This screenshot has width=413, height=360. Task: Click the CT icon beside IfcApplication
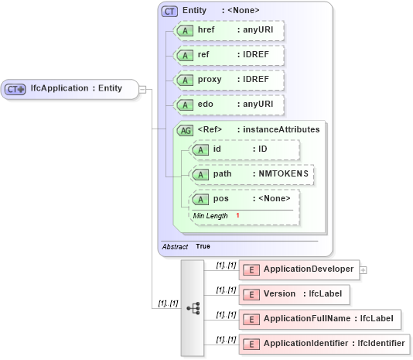point(15,89)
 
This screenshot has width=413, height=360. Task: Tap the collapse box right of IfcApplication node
point(142,88)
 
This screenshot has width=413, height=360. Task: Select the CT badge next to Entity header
point(169,11)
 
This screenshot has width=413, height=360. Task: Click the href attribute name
point(206,29)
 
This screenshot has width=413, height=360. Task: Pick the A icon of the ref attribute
point(185,56)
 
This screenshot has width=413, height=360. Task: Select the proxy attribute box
point(227,80)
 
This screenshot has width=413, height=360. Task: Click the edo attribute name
point(206,105)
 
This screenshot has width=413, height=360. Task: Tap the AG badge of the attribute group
point(185,130)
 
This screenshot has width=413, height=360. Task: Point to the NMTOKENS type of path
point(283,174)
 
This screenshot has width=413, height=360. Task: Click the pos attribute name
point(220,199)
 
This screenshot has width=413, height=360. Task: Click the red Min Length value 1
point(237,215)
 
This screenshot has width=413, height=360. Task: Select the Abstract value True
point(203,246)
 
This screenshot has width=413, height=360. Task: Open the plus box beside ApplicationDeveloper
point(364,269)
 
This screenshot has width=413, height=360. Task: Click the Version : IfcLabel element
point(294,294)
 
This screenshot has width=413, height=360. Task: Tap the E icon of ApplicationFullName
point(251,319)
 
